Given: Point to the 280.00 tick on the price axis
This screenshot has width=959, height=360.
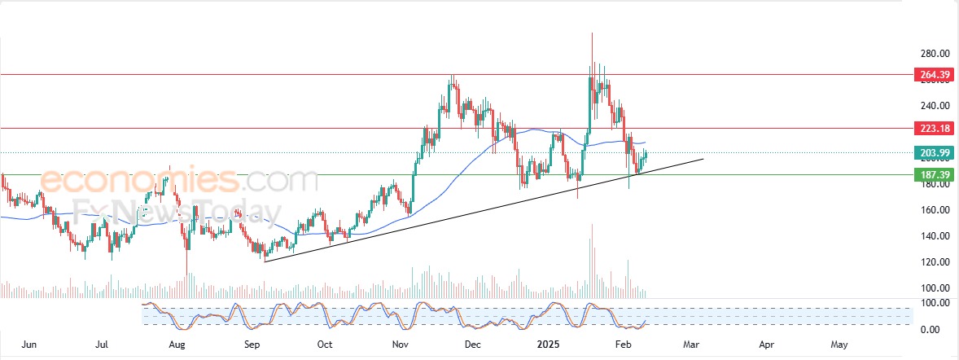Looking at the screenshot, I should pos(931,54).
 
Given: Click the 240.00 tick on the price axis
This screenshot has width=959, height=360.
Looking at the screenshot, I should pos(931,106).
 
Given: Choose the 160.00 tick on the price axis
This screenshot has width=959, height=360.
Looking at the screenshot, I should pos(931,210).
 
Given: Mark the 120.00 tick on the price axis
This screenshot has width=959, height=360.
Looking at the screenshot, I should pos(931,262).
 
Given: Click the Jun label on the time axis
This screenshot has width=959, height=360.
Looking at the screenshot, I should pos(29,345).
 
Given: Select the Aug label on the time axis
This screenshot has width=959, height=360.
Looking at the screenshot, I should pos(177,345).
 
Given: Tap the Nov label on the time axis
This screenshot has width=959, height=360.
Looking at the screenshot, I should pos(400,345).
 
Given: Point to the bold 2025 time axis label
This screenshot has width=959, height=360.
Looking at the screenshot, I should pos(547,345).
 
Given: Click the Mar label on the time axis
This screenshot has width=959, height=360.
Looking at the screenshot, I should pos(693,345).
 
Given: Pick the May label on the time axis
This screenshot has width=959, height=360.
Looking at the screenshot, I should pos(839,345).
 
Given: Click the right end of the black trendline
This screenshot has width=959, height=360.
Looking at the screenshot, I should pos(702,159).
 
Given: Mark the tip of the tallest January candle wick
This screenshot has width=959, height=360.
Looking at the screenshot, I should pos(592,33).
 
